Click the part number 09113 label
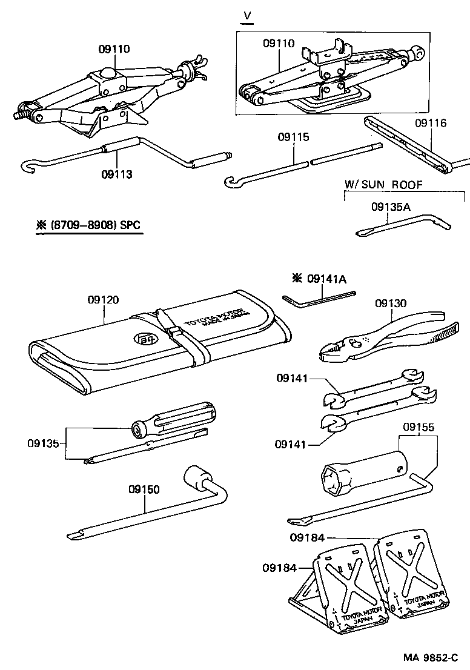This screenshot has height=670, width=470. (x=117, y=174)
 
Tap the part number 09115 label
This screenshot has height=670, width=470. (x=294, y=138)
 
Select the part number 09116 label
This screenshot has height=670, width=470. (x=431, y=123)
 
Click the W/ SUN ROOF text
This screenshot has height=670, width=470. (x=383, y=185)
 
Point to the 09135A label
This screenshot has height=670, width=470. (x=391, y=207)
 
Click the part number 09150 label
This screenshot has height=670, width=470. (x=144, y=489)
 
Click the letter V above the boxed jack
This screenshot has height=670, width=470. (x=247, y=15)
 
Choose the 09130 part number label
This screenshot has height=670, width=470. (x=391, y=303)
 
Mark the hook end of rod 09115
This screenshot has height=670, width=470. (x=231, y=181)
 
